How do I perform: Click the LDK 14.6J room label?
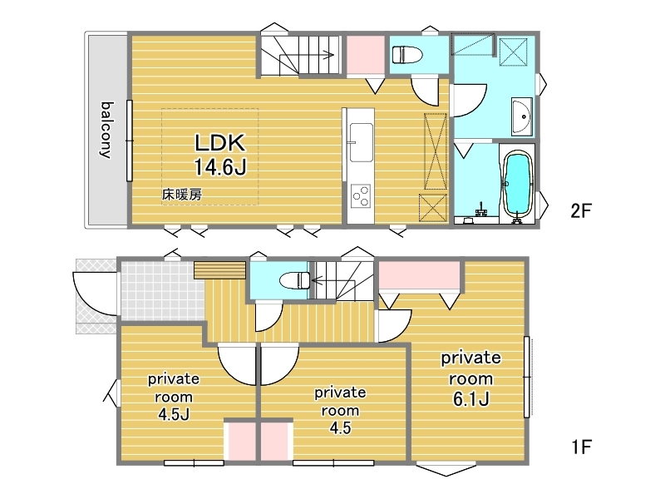220,155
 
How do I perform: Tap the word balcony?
107,130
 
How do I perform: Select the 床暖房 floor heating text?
182,195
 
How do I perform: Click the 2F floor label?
580,210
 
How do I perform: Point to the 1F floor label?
580,447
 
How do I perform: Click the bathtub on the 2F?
516,183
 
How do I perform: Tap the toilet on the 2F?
407,55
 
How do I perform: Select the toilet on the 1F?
295,280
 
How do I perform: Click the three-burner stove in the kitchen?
362,196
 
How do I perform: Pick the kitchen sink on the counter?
361,142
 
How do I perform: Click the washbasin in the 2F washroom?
522,116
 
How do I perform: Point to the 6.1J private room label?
470,378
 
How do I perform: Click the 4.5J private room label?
174,397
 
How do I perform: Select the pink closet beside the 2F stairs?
366,55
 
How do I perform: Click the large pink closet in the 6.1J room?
419,274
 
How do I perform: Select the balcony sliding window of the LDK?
130,141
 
